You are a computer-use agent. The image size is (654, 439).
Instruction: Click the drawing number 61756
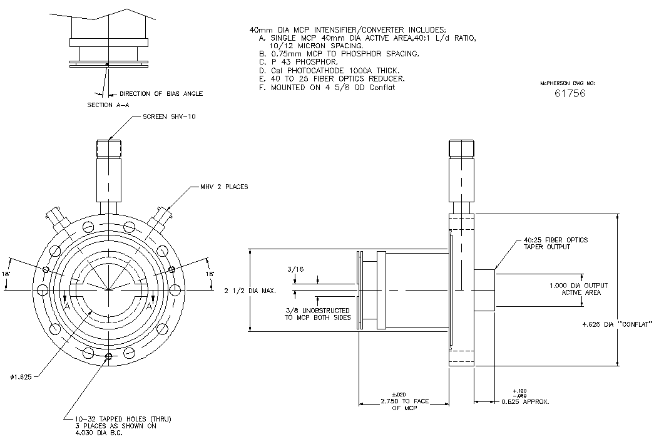(570, 93)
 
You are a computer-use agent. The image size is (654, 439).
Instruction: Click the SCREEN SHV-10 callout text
(169, 116)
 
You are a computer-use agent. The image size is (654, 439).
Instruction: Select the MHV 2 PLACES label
(227, 187)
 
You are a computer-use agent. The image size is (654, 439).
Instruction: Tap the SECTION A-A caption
(108, 105)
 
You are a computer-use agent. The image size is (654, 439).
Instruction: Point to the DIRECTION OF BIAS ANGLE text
(161, 93)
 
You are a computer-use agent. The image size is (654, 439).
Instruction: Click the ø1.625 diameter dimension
(21, 377)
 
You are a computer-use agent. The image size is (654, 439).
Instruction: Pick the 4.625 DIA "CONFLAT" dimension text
(617, 324)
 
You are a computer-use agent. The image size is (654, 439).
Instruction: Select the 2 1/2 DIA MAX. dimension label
(250, 291)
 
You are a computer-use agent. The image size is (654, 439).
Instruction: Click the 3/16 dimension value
(295, 269)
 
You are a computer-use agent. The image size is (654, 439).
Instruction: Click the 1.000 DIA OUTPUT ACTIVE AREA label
(578, 289)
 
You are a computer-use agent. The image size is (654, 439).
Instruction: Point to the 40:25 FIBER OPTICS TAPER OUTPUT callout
(556, 243)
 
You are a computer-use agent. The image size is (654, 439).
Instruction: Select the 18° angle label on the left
(6, 274)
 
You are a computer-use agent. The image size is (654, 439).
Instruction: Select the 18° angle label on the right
(210, 274)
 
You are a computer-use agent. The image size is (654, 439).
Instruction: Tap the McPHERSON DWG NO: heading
(567, 83)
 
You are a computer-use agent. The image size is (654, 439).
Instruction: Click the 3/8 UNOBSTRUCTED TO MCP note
(317, 314)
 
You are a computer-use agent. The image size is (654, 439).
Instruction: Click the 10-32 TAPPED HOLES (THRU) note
(123, 419)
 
